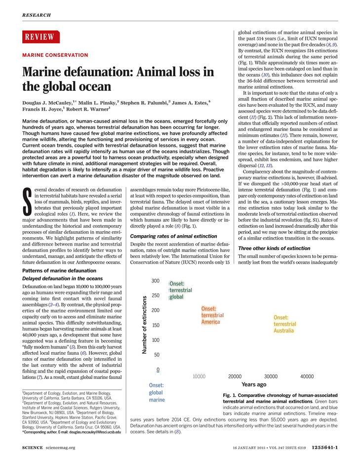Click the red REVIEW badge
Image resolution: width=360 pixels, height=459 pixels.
coord(41,37)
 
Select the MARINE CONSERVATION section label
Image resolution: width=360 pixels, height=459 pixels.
coord(55,55)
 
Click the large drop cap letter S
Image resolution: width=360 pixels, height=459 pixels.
coord(27,202)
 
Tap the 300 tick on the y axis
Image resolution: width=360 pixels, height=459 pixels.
coord(156,281)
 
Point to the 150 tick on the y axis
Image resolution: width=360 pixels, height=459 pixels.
coord(156,325)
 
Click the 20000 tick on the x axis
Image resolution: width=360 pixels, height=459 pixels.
coord(235,376)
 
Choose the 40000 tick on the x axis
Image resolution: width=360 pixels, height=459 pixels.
coord(307,376)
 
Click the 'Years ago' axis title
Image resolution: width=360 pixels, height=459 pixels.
coord(254,384)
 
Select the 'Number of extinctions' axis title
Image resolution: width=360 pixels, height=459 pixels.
coord(144,325)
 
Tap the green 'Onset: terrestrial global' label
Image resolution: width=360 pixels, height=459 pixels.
coord(180,290)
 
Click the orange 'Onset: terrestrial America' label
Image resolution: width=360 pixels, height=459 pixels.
coord(212,315)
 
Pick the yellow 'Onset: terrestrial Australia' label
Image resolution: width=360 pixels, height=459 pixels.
coord(285,324)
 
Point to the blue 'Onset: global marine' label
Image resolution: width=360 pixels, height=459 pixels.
coord(157,393)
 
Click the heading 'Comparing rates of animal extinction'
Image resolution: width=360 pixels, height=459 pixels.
coord(173,236)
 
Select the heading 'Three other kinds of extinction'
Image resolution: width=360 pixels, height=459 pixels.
coord(274,248)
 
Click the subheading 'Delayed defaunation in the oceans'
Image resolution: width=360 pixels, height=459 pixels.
coord(62,279)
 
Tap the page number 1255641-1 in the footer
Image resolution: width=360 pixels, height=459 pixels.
coord(324,448)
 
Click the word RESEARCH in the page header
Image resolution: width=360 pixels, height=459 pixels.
coord(37,15)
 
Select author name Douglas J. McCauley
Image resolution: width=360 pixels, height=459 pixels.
coord(47,103)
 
